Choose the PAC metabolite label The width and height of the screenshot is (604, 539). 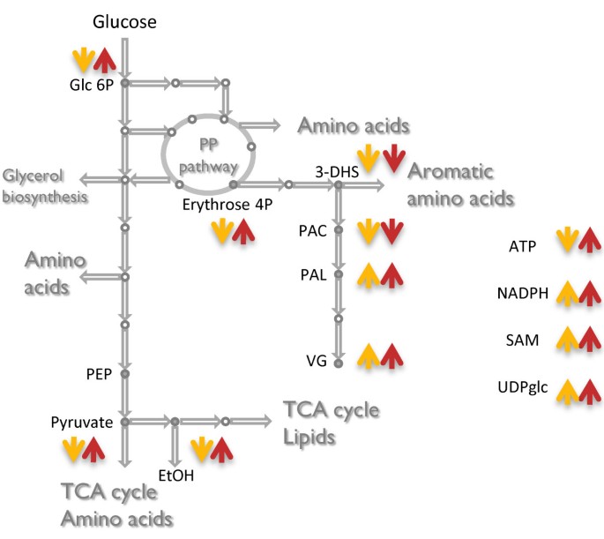point(313,231)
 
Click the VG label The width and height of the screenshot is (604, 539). point(317,361)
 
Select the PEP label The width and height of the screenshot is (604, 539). point(98,374)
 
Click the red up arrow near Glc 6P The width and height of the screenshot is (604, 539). point(106,61)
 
